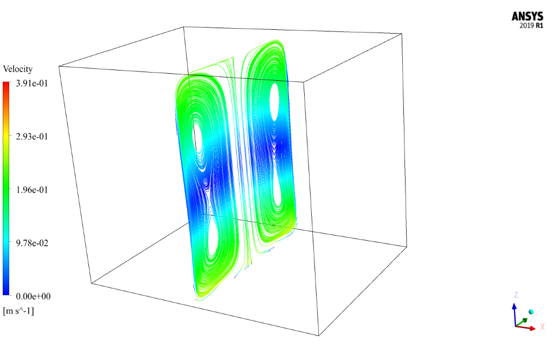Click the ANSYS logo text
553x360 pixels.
(528, 16)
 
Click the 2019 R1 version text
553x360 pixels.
(531, 25)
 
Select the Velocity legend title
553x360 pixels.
(18, 69)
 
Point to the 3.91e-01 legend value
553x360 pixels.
(32, 83)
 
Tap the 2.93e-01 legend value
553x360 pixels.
(32, 137)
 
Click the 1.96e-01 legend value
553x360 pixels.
(32, 190)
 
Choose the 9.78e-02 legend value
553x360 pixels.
(32, 243)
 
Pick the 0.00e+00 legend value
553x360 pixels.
(33, 296)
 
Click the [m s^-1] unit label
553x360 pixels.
(18, 311)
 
